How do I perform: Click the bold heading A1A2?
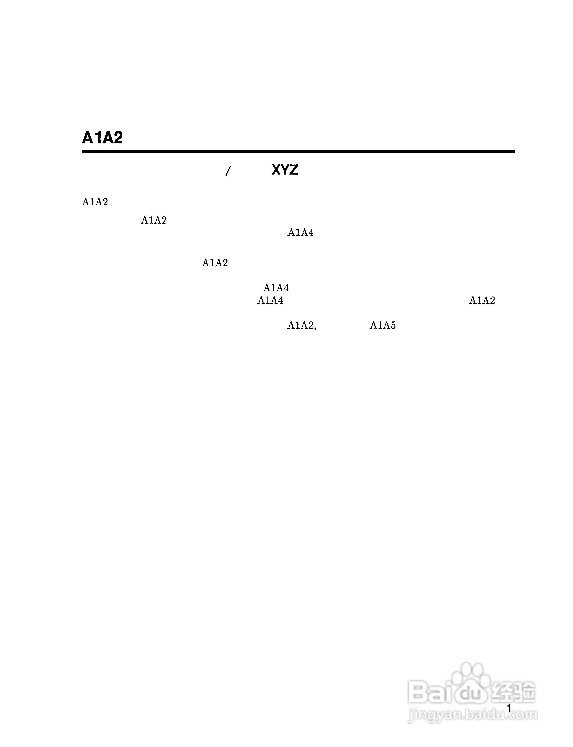[102, 138]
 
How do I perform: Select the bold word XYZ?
[285, 170]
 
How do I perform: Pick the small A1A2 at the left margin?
[95, 202]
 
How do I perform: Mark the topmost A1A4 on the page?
[300, 232]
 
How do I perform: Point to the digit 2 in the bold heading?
[117, 138]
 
